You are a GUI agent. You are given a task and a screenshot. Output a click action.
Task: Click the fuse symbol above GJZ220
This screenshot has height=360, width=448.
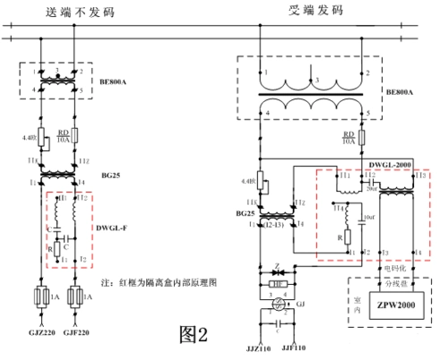tap(40, 296)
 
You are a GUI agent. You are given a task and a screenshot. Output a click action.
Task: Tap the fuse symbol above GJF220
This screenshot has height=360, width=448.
tap(78, 296)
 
